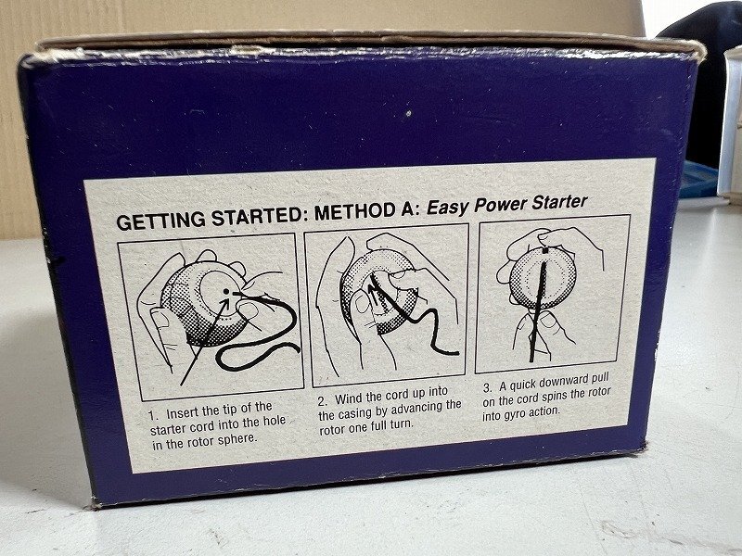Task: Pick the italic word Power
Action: [x=500, y=205]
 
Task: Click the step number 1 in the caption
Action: [x=151, y=416]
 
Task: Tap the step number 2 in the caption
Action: [x=323, y=402]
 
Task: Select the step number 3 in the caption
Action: [x=488, y=388]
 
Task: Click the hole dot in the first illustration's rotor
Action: [x=226, y=291]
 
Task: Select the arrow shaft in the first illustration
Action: [x=204, y=340]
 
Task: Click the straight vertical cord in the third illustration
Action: [x=539, y=309]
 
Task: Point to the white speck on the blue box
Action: [x=408, y=113]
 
